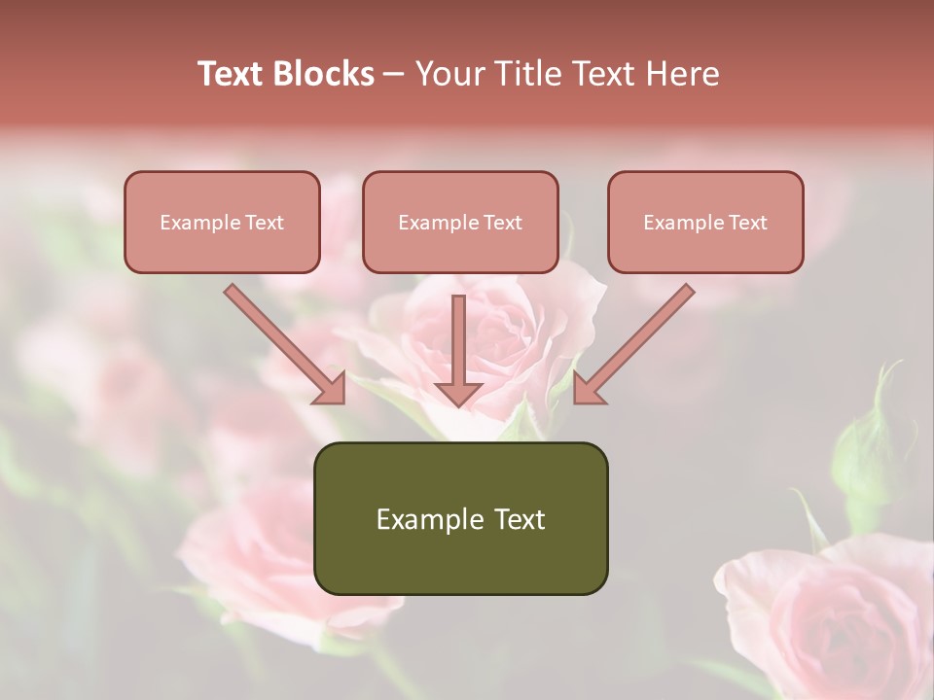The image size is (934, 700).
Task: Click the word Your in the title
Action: [x=449, y=74]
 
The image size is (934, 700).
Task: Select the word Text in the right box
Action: [x=748, y=223]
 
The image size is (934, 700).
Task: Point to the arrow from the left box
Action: [x=286, y=345]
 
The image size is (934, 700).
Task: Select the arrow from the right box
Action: [x=633, y=345]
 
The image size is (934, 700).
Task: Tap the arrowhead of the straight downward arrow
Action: [x=458, y=394]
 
